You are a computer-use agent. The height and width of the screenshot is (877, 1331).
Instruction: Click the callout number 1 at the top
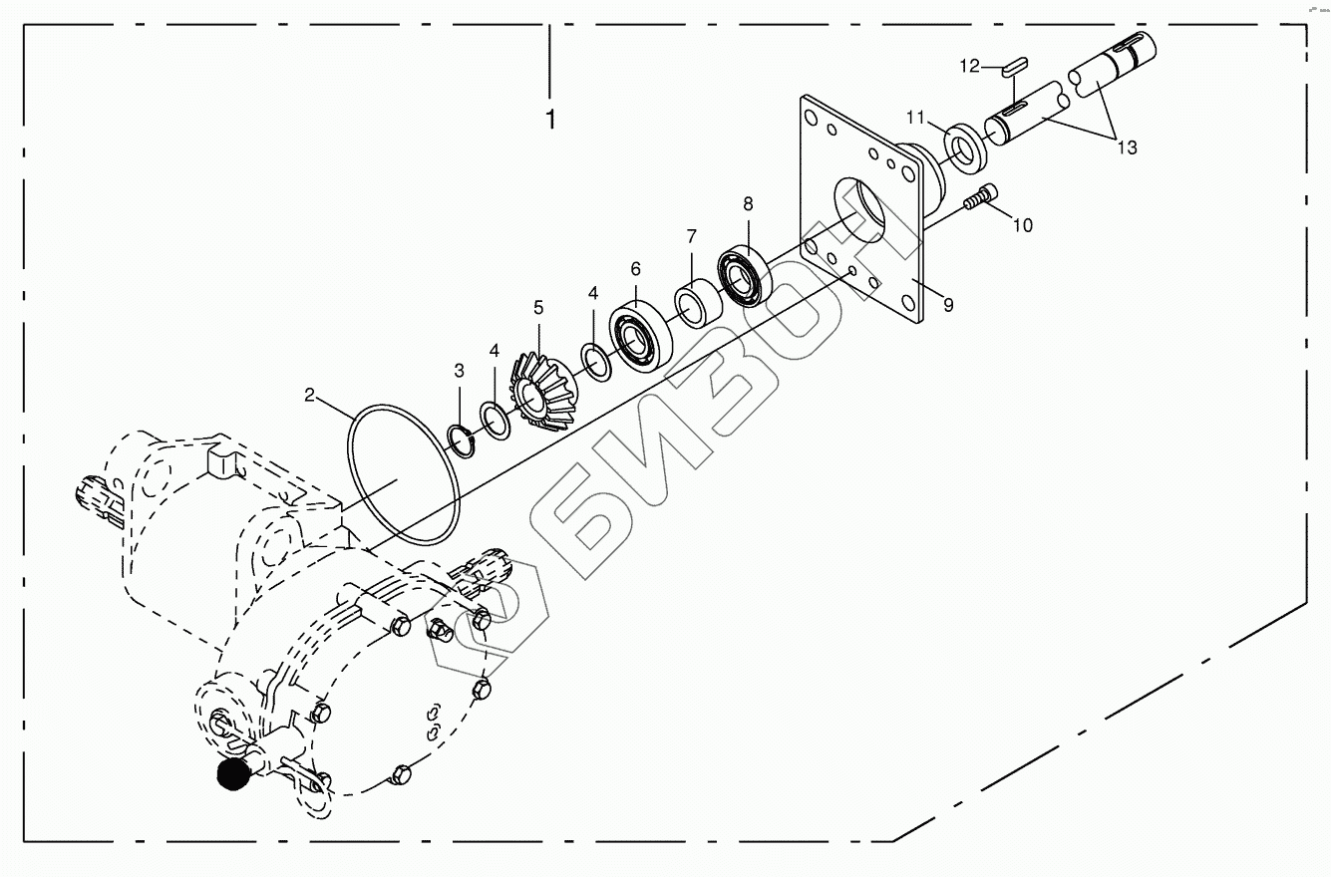[550, 120]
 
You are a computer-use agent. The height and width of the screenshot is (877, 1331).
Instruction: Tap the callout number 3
[459, 372]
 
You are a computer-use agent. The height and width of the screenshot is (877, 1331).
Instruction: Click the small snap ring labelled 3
[461, 438]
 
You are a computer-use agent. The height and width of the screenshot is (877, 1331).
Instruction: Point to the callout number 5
[538, 308]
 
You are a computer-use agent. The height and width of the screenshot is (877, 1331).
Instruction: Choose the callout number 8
[748, 204]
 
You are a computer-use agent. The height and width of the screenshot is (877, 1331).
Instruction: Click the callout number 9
[948, 305]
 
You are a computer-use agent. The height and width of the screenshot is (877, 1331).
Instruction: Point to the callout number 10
[1022, 225]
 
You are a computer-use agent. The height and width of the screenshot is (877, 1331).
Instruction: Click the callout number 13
[1126, 148]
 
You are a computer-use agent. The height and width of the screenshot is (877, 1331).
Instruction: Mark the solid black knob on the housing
[232, 774]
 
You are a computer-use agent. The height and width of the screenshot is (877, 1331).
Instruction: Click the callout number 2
[310, 396]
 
